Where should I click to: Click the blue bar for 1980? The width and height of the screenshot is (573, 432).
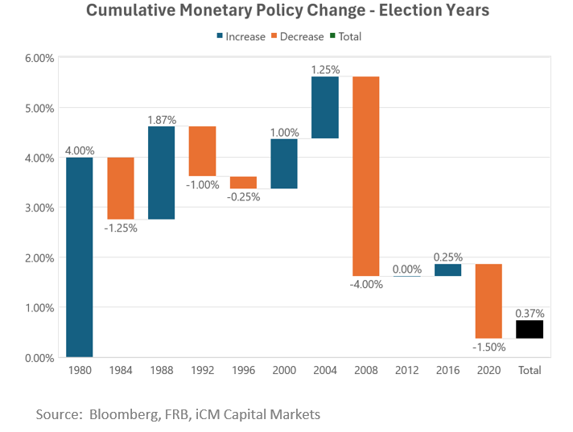pos(78,257)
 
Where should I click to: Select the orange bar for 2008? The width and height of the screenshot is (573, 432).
pos(365,176)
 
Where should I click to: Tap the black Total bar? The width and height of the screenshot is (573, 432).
pos(530,329)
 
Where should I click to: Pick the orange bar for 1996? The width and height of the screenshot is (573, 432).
pos(243,183)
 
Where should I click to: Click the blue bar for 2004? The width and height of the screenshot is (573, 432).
pos(324,107)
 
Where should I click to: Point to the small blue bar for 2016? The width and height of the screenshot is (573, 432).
pos(447,270)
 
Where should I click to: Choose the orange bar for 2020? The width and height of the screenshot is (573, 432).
pos(488,301)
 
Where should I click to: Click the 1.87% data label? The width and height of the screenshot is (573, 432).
pos(161,119)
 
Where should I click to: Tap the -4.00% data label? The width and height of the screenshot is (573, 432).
pos(365,283)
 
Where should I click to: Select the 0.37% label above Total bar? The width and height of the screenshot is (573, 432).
pos(530,312)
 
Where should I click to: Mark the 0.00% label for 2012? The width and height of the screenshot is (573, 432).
pos(406,269)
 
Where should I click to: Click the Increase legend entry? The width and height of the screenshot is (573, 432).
pos(240,37)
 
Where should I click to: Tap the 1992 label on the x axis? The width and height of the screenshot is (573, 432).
pos(202,371)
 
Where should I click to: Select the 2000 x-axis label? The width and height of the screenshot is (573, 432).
pos(284,371)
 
